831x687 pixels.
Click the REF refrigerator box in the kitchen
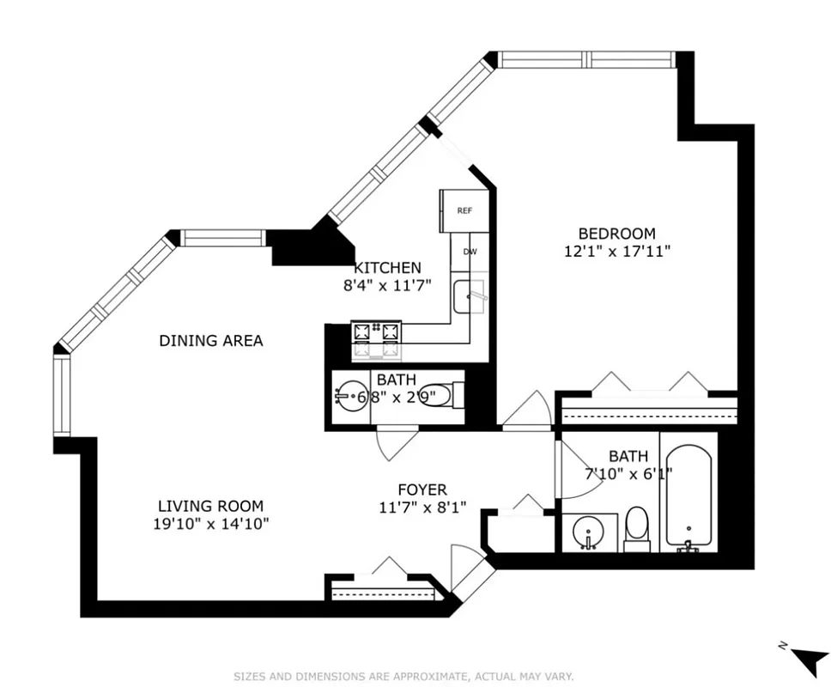464,210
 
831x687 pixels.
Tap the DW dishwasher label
470,252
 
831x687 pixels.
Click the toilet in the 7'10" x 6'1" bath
636,528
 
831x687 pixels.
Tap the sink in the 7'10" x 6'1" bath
589,532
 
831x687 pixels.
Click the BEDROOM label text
616,234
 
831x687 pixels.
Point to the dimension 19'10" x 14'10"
210,524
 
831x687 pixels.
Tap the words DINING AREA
211,341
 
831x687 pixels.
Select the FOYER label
422,489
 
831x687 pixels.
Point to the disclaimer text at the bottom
403,677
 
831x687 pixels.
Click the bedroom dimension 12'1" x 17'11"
616,252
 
